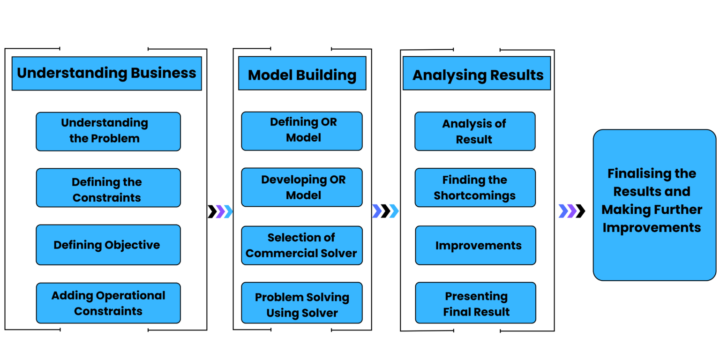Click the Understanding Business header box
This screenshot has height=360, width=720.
point(106,73)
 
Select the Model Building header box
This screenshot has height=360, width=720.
point(302,74)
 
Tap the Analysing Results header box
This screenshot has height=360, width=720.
point(476,74)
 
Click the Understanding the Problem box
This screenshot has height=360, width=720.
point(108,131)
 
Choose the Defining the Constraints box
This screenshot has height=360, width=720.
point(108,188)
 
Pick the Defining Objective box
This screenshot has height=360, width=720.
point(108,245)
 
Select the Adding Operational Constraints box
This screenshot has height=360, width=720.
point(108,303)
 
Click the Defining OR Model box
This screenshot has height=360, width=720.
point(302,131)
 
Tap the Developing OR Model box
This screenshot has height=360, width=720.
point(302,187)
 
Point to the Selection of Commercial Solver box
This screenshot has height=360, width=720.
point(302,246)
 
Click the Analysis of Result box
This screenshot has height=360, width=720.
point(475,131)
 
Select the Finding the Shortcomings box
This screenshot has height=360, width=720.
point(475,187)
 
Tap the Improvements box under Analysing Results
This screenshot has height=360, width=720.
point(476,246)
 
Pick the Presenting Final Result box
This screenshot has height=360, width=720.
point(476,303)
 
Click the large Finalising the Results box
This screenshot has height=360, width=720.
point(654,205)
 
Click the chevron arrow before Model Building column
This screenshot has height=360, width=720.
point(224,212)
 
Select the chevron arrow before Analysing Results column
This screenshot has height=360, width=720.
point(385,211)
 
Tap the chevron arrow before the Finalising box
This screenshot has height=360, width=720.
point(567,211)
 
